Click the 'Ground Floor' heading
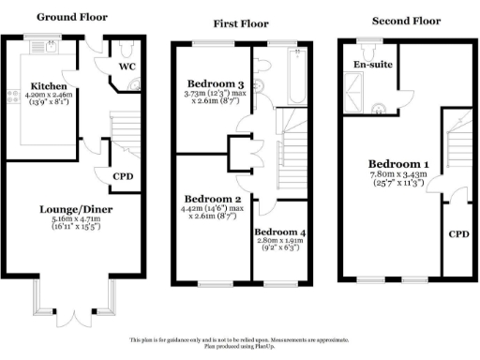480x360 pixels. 71,17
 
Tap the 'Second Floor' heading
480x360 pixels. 405,20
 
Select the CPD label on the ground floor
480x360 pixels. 123,175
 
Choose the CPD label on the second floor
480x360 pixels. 457,233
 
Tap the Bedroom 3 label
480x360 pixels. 215,82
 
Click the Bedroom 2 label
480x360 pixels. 213,199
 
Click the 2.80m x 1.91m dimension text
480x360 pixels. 279,241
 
